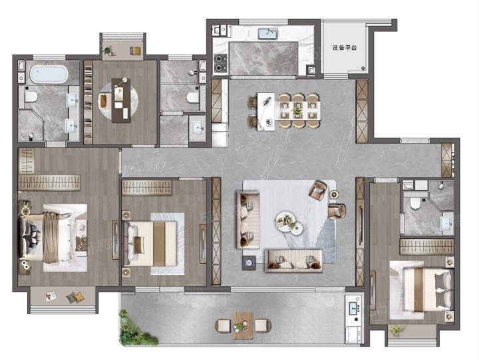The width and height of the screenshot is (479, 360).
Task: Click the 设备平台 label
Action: tap(345, 48)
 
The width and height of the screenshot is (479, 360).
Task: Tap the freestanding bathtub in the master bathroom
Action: tap(49, 74)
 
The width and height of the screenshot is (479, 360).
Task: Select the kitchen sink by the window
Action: tap(268, 34)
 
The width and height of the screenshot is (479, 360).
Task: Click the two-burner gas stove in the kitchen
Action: tap(220, 63)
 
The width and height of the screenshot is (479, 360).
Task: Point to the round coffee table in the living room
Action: tap(285, 220)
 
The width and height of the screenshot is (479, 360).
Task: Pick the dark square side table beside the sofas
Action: tap(249, 263)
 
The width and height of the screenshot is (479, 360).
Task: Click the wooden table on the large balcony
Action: tap(243, 325)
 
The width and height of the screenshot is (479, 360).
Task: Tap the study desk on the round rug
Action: tap(121, 100)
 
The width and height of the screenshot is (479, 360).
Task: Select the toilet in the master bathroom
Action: tap(31, 97)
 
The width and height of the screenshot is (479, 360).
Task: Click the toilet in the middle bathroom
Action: tap(193, 98)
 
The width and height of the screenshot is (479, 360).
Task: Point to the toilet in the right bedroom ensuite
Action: tap(415, 204)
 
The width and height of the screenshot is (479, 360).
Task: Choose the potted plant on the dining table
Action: tap(297, 110)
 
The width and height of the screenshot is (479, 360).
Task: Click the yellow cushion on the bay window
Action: tap(79, 297)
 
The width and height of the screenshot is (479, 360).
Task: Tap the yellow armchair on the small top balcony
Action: tap(136, 51)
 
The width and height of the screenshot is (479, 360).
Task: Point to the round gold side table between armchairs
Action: tap(333, 194)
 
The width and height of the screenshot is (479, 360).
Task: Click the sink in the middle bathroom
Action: tap(198, 128)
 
